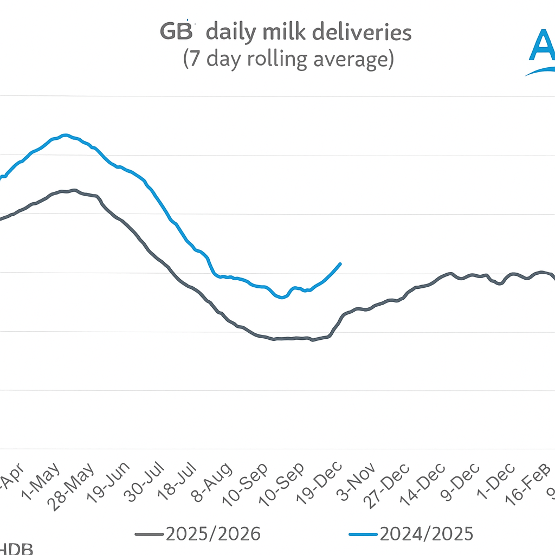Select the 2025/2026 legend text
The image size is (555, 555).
(x=213, y=534)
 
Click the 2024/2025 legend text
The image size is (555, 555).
(x=426, y=534)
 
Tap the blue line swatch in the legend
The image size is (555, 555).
(x=363, y=534)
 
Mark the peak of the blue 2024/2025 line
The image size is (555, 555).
(x=66, y=135)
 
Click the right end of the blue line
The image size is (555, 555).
(x=340, y=263)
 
